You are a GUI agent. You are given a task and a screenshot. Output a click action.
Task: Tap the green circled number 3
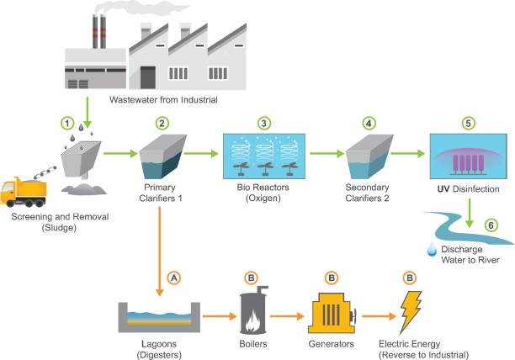pyautogui.click(x=264, y=124)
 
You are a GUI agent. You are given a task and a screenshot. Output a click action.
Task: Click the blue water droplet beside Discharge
pyautogui.click(x=431, y=248)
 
